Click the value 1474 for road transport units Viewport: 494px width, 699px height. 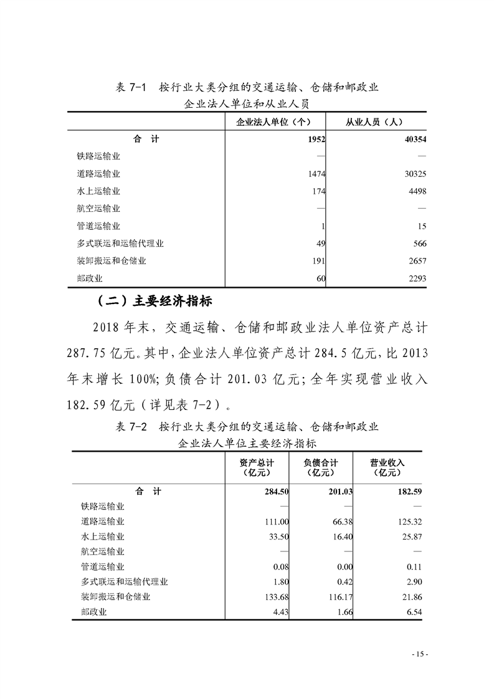[316, 174]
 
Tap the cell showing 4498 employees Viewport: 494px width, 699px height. [415, 191]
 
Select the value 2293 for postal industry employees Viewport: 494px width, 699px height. [415, 278]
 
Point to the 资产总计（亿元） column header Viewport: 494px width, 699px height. [256, 467]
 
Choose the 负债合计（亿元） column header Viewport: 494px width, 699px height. [321, 467]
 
